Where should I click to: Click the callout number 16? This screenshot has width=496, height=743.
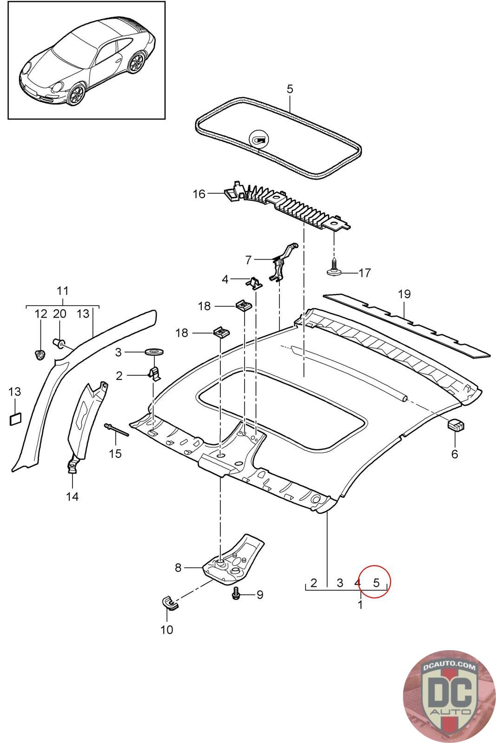click(x=199, y=194)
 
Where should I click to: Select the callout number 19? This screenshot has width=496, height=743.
click(x=404, y=294)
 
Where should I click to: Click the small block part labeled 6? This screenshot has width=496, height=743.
click(x=456, y=425)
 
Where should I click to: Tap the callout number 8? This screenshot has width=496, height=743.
click(x=179, y=567)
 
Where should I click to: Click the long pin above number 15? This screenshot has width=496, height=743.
click(x=117, y=430)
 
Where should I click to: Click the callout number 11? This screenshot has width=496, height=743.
click(x=63, y=291)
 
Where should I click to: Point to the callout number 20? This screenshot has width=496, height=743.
click(x=60, y=313)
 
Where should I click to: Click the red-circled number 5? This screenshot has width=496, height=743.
click(x=376, y=582)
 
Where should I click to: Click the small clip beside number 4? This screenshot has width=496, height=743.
click(x=254, y=282)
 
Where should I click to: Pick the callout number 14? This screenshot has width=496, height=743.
click(x=73, y=496)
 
